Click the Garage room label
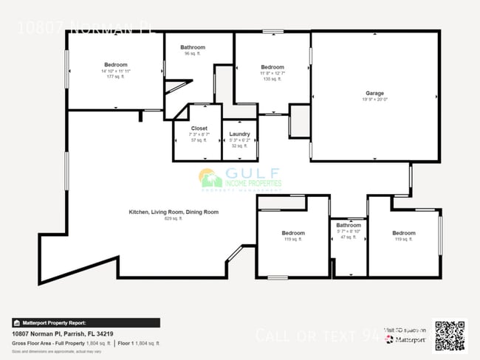[374, 94]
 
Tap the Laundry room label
[239, 134]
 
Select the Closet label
[199, 128]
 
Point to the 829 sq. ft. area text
[174, 218]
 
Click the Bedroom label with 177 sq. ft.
[116, 64]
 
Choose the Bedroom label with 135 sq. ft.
[272, 67]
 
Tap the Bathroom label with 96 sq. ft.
[193, 47]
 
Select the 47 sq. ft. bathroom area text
[348, 238]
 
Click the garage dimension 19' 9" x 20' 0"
[374, 100]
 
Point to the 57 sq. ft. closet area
[199, 139]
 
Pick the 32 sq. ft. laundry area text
[239, 145]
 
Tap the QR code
[450, 336]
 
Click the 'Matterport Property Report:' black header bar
[86, 322]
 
